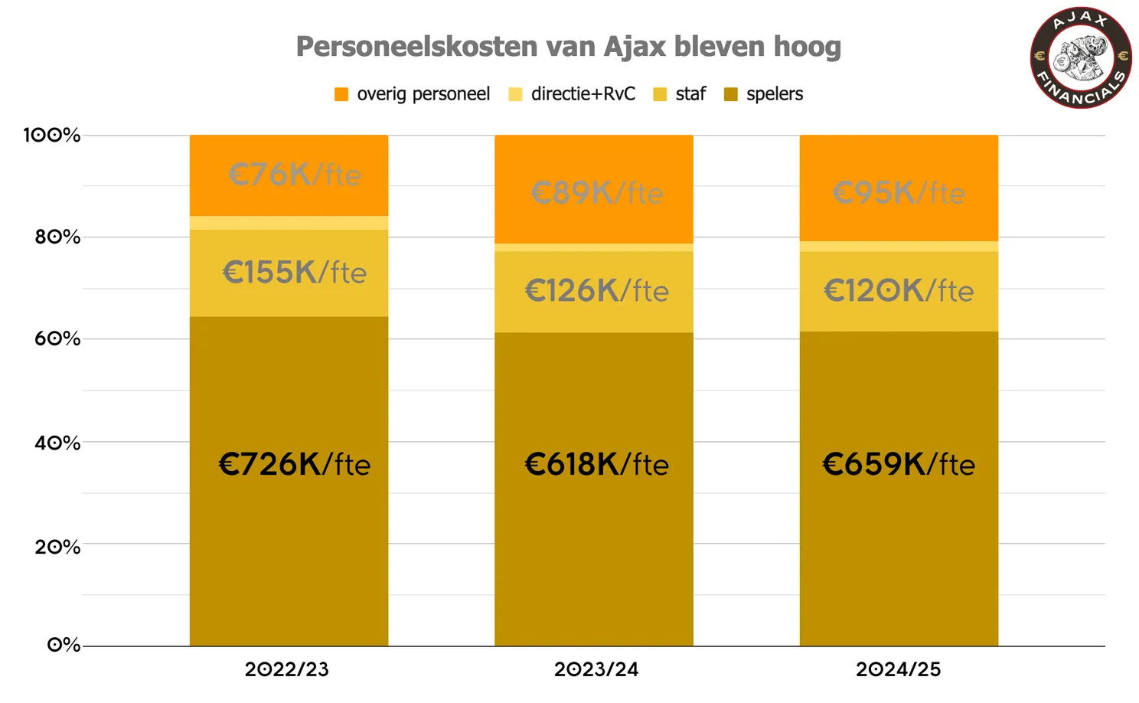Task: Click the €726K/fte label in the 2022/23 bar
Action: [294, 465]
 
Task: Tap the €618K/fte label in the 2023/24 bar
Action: [596, 465]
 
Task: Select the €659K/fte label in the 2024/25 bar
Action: [899, 465]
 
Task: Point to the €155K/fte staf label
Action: [294, 273]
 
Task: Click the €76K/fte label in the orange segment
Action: [294, 175]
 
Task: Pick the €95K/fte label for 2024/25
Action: [899, 193]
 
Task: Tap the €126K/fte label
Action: [596, 291]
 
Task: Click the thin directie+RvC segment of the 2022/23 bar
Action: [289, 223]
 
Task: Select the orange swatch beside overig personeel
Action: [341, 94]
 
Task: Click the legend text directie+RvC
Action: [583, 94]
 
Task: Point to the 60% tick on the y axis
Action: [57, 339]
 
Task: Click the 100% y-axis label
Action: [52, 136]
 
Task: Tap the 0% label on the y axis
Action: [64, 645]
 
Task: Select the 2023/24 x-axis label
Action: [596, 669]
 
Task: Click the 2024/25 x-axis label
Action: [899, 669]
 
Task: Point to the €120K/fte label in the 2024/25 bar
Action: [899, 291]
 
